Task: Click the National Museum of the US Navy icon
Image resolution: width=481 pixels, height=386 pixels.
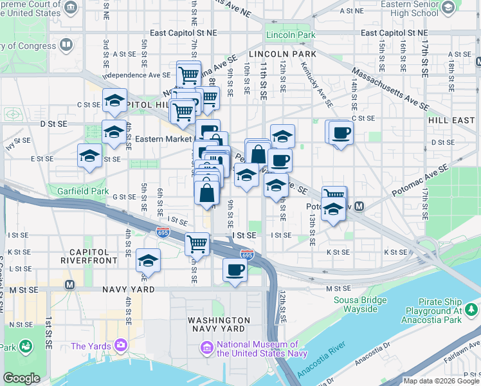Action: pyautogui.click(x=206, y=348)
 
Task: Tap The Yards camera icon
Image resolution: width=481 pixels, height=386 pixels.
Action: pyautogui.click(x=121, y=346)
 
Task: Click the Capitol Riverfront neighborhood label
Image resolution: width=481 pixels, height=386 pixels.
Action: pyautogui.click(x=89, y=256)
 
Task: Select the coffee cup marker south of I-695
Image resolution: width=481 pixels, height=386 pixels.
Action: pyautogui.click(x=235, y=270)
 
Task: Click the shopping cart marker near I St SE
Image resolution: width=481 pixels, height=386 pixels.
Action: pyautogui.click(x=197, y=244)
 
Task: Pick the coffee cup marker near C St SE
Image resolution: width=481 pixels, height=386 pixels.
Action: pyautogui.click(x=340, y=133)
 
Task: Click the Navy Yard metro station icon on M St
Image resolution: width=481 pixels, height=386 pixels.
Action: pyautogui.click(x=69, y=284)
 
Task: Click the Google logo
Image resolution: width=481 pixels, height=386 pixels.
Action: pyautogui.click(x=22, y=378)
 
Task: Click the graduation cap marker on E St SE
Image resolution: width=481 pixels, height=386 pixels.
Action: pyautogui.click(x=89, y=156)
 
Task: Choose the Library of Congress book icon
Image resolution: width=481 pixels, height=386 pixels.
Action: pyautogui.click(x=66, y=45)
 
